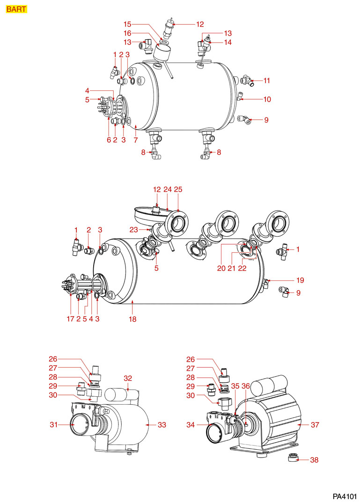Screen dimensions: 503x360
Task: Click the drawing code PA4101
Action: pyautogui.click(x=345, y=496)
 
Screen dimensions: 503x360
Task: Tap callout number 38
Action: pyautogui.click(x=314, y=460)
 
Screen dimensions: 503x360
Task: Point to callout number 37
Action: pyautogui.click(x=314, y=425)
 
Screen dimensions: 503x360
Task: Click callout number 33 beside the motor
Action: pyautogui.click(x=162, y=425)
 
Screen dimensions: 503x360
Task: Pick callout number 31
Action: pyautogui.click(x=54, y=425)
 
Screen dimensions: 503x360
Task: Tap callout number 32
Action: pyautogui.click(x=128, y=378)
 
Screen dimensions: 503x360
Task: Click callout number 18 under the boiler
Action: pyautogui.click(x=132, y=319)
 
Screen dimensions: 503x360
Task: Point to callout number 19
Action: pyautogui.click(x=300, y=280)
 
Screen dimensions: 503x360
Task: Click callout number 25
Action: pyautogui.click(x=178, y=190)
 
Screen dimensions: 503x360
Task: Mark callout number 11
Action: pyautogui.click(x=266, y=80)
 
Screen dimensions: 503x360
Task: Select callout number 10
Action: pyautogui.click(x=267, y=99)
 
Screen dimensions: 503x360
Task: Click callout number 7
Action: pyautogui.click(x=135, y=139)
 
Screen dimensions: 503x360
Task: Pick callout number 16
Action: pyautogui.click(x=127, y=33)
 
